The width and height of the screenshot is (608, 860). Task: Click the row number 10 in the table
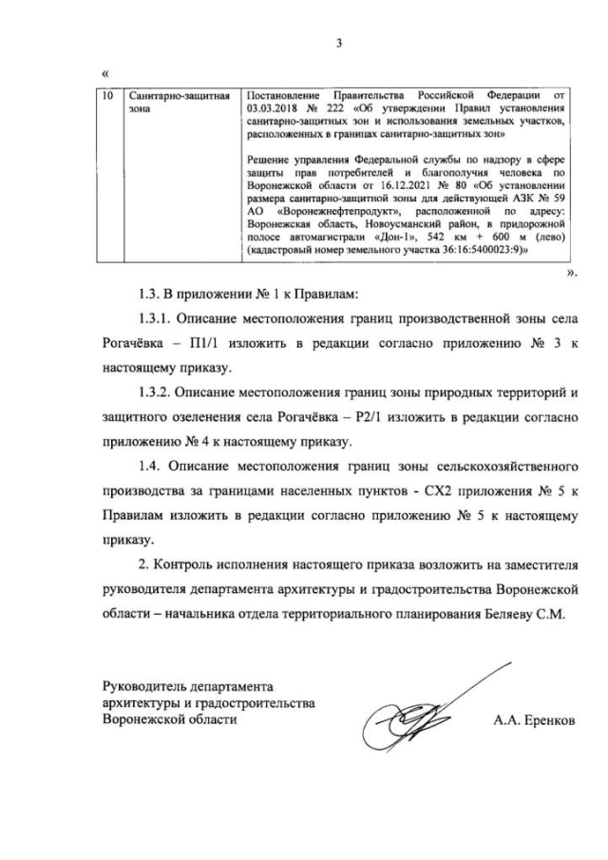pos(108,96)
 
